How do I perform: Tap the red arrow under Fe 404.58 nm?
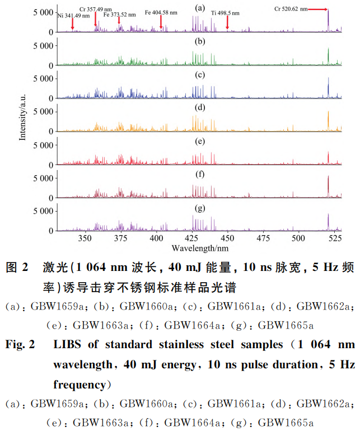(x=161, y=22)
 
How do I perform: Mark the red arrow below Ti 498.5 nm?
(x=227, y=22)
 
